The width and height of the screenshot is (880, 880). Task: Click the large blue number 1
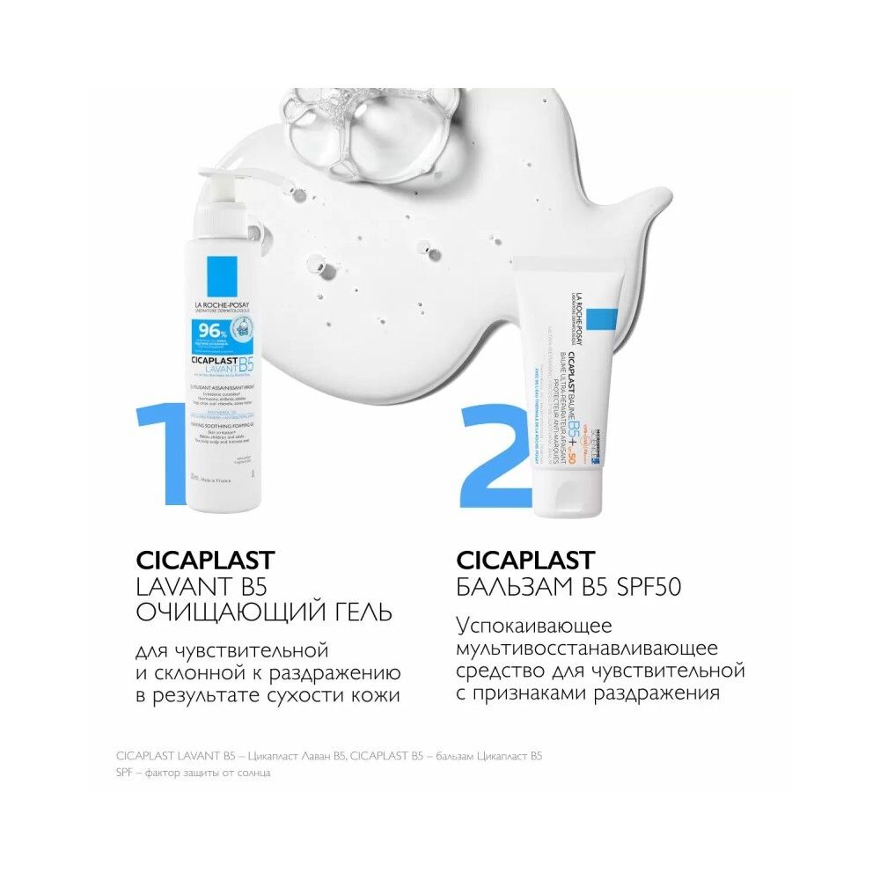(x=161, y=440)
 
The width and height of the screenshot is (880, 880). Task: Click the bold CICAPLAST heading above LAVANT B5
(x=206, y=560)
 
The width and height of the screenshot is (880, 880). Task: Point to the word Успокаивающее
(x=546, y=627)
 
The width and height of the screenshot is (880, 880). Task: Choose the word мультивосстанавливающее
(x=587, y=649)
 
